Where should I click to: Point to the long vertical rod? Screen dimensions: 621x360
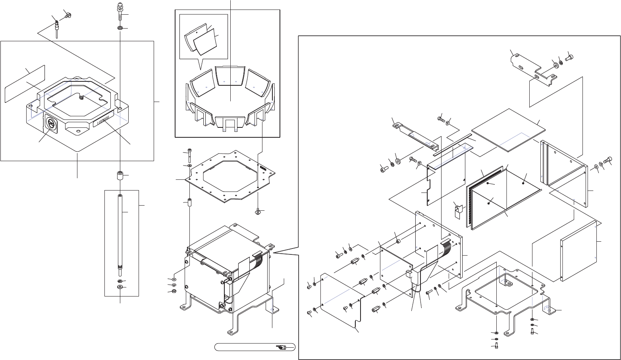120,234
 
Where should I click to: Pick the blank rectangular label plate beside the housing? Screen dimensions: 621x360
25,84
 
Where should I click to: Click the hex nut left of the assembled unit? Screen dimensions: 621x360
174,292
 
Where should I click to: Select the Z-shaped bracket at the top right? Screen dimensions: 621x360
532,67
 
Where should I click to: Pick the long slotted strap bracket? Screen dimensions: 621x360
417,135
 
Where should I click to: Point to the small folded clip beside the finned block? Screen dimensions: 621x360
458,209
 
